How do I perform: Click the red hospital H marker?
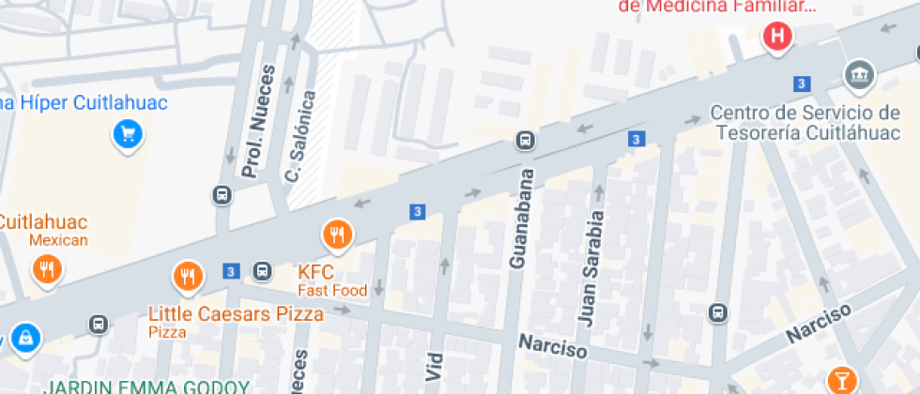778,38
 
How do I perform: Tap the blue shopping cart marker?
127,134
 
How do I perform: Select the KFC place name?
316,272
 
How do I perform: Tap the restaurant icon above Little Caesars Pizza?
188,275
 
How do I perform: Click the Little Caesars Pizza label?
236,313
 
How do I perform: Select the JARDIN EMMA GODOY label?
146,386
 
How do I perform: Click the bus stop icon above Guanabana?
525,142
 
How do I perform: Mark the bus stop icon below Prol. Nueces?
222,195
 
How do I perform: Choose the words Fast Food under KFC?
332,291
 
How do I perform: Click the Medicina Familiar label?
717,6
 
